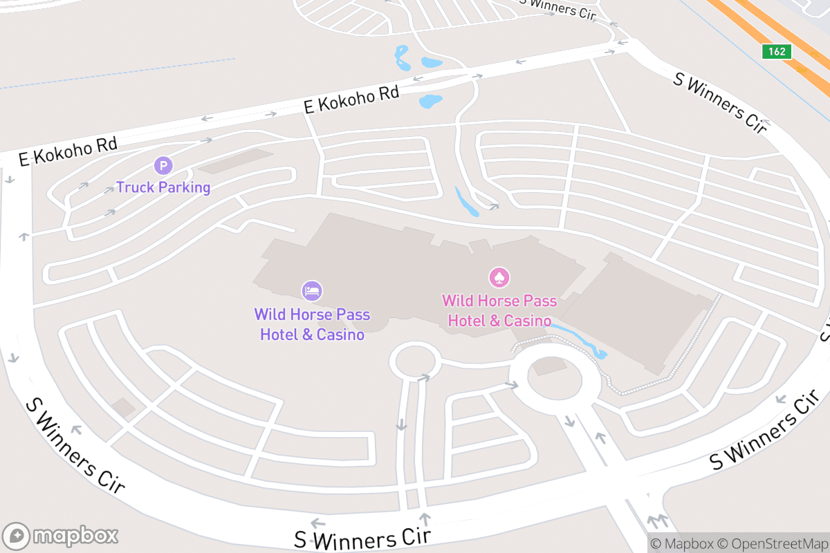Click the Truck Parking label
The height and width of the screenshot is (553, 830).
tap(163, 187)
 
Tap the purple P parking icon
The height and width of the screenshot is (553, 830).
tap(163, 166)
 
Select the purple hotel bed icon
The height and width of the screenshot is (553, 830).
tap(312, 291)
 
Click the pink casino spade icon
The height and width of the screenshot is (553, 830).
tap(499, 278)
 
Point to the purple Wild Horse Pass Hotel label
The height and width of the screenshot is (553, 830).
tap(312, 324)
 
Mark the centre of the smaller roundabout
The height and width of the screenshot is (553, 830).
tap(415, 361)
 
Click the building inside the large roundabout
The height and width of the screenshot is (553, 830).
tap(550, 366)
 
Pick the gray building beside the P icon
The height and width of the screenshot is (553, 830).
tap(235, 161)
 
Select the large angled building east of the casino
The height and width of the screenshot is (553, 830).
tap(640, 315)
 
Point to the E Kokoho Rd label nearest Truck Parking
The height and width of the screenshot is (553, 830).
tap(68, 151)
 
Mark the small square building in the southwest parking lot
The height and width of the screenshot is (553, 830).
tap(124, 407)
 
